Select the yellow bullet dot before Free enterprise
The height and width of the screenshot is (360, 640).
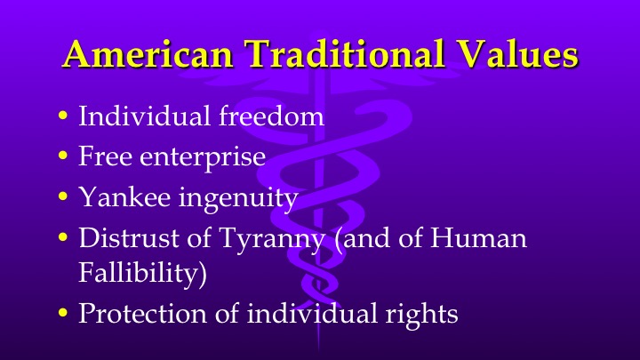coord(61,157)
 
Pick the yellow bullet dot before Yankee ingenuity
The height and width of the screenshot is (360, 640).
coord(61,197)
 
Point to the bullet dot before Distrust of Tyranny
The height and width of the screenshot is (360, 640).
coord(61,238)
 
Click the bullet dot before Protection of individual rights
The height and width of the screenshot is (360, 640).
coord(61,314)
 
